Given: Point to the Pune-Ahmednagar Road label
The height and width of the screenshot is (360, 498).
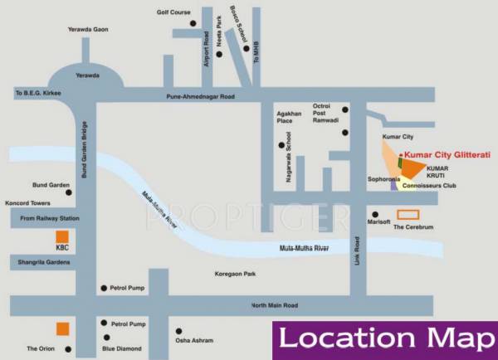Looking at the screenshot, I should tap(200, 96).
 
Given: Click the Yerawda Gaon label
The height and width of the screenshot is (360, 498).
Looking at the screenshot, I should tap(89, 30).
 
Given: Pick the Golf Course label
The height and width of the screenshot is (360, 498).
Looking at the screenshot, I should tap(173, 12).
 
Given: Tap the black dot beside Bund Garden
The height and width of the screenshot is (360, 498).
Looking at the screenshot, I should tap(69, 192).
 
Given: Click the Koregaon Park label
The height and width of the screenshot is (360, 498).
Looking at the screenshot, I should tap(235, 272).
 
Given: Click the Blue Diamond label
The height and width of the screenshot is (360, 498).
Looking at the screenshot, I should tap(121, 348).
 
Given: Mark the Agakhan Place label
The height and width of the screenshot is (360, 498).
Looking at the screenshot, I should tap(290, 117).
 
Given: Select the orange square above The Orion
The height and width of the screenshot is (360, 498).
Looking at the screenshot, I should tap(61, 328).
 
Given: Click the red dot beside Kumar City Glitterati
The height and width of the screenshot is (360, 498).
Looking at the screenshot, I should tap(401, 154).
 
